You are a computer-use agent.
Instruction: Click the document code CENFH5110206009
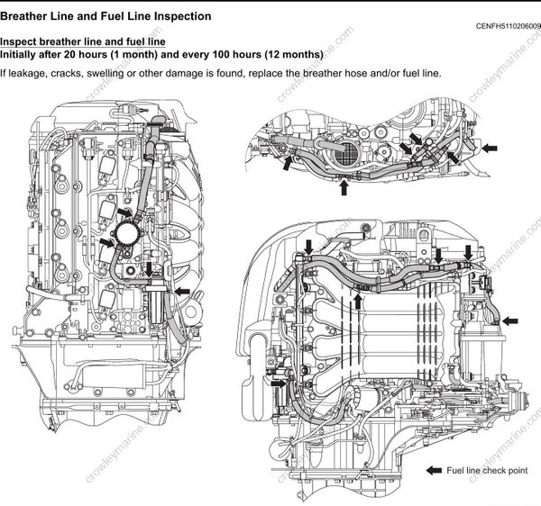(507, 26)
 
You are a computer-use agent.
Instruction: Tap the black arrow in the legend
(434, 471)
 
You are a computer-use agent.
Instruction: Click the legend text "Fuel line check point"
(487, 471)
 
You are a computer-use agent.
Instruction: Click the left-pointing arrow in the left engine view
(183, 291)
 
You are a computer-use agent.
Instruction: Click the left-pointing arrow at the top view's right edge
(491, 146)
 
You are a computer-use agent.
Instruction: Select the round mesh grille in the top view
(344, 155)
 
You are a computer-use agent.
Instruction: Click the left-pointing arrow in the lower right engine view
(510, 320)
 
